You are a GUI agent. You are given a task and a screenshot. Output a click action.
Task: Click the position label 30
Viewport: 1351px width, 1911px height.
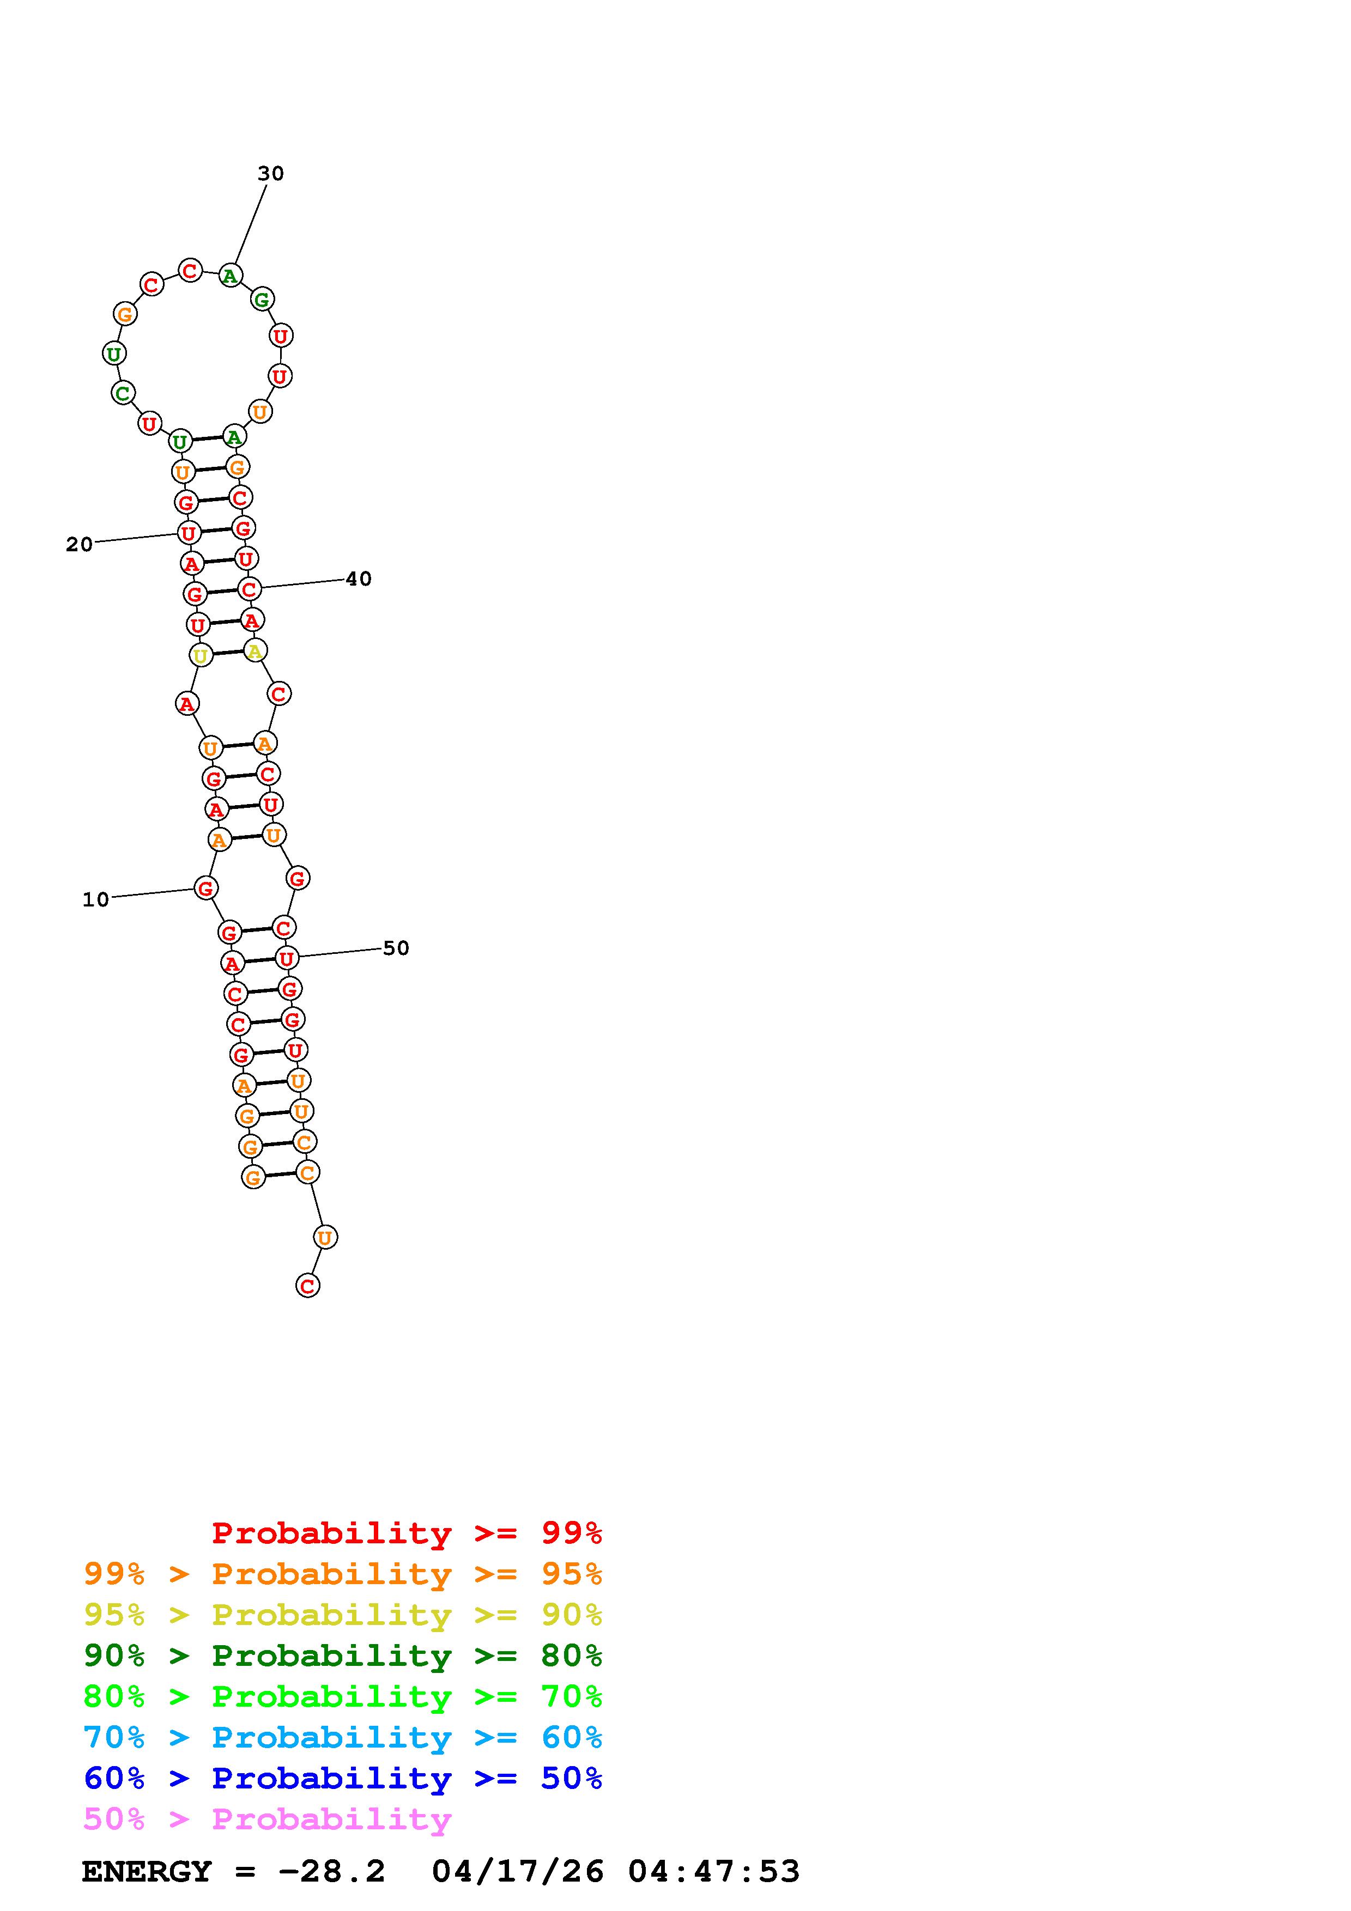270,173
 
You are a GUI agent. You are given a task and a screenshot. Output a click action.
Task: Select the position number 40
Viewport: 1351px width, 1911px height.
359,579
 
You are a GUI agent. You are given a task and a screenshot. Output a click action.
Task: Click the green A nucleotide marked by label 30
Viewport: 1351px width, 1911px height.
231,276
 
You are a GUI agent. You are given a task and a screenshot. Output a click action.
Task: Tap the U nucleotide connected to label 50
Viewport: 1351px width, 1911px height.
286,959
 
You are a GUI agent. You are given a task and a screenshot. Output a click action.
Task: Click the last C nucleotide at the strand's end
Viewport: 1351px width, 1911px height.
308,1286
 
